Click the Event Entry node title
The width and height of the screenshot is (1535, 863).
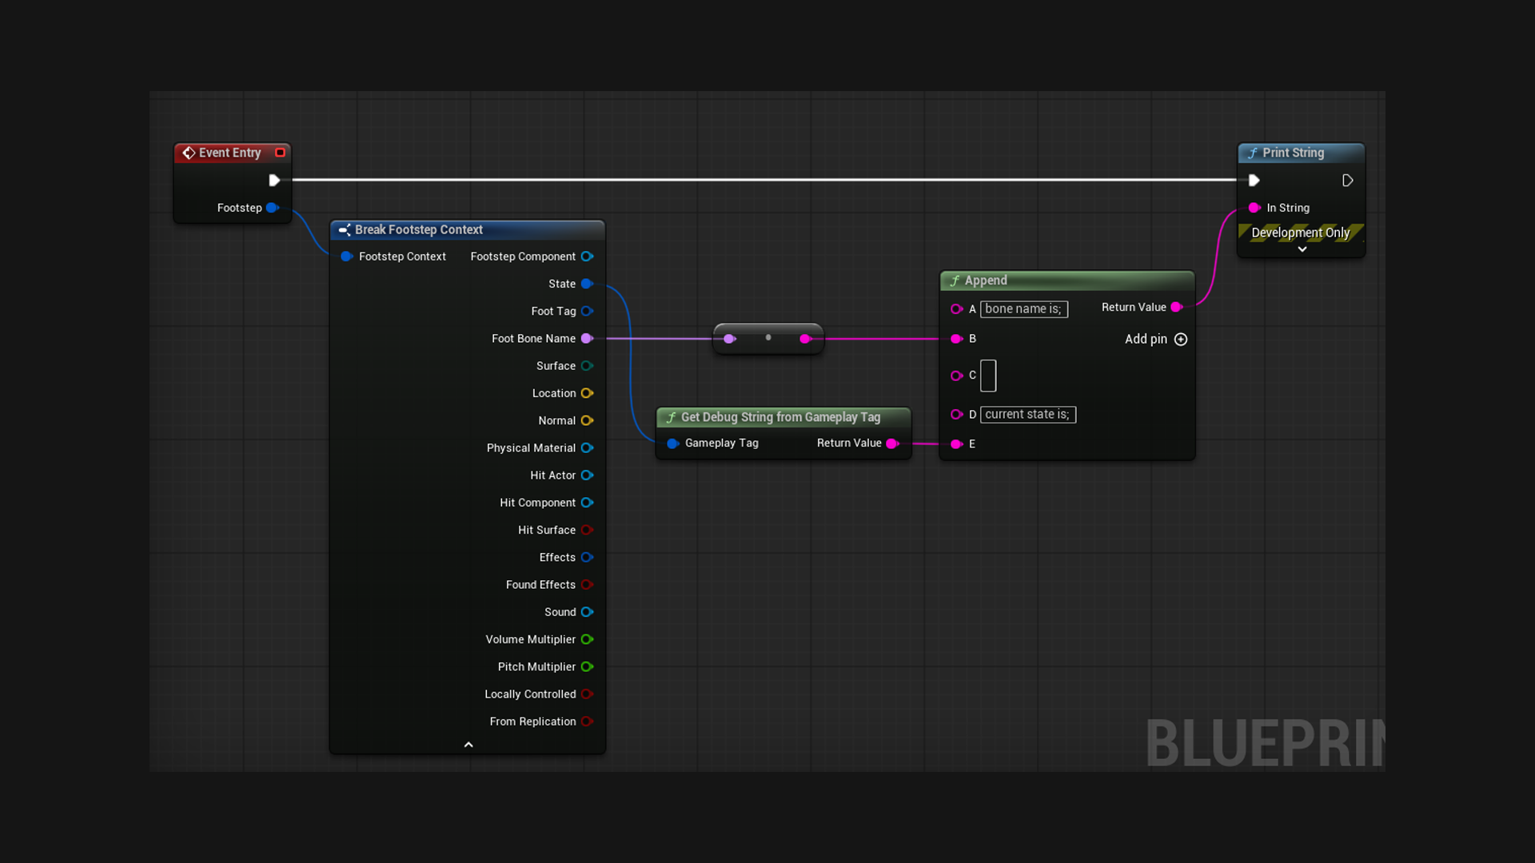tap(229, 153)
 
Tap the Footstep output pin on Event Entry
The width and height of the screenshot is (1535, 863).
tap(272, 208)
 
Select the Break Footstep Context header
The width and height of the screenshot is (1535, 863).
tap(419, 229)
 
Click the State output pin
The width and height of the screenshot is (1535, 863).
tap(587, 284)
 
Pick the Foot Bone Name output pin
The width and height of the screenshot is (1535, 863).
tap(587, 339)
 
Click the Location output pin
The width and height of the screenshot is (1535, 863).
tap(587, 393)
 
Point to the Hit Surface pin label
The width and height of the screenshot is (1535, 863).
tap(547, 530)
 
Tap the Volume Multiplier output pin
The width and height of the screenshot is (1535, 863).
tap(587, 639)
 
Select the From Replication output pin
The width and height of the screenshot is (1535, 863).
tap(587, 722)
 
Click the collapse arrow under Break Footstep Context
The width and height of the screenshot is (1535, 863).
tap(468, 745)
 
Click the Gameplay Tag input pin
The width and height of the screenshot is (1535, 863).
tap(673, 443)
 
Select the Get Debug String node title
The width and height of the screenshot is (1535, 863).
tap(780, 417)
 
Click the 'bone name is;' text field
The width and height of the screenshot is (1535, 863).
tap(1024, 309)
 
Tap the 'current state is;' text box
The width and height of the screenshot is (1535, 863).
tap(1028, 415)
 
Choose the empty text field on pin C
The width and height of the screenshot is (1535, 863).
tap(988, 376)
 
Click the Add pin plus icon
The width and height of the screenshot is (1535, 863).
tap(1181, 340)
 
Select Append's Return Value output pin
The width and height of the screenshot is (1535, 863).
tap(1177, 308)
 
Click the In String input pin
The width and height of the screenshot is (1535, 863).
tap(1254, 208)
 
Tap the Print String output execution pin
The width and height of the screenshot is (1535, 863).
tap(1347, 181)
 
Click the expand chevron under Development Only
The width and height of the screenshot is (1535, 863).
tap(1302, 249)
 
